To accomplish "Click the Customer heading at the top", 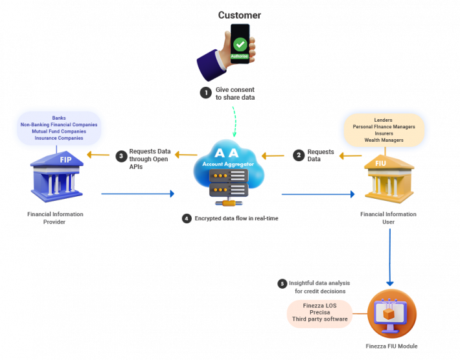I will pos(239,15).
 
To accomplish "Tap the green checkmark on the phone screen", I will pos(240,44).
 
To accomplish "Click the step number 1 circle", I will pos(205,93).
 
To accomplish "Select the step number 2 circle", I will pos(299,155).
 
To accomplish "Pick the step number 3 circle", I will pos(120,155).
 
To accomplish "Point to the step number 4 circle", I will pos(187,219).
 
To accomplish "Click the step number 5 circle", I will pos(282,284).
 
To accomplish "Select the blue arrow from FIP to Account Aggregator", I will pos(137,194).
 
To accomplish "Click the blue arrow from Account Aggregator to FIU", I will pos(318,194).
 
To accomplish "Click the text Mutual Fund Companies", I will pos(59,131).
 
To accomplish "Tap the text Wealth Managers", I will pos(384,140).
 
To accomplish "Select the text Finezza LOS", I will pos(321,305).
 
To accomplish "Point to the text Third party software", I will pos(321,319).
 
